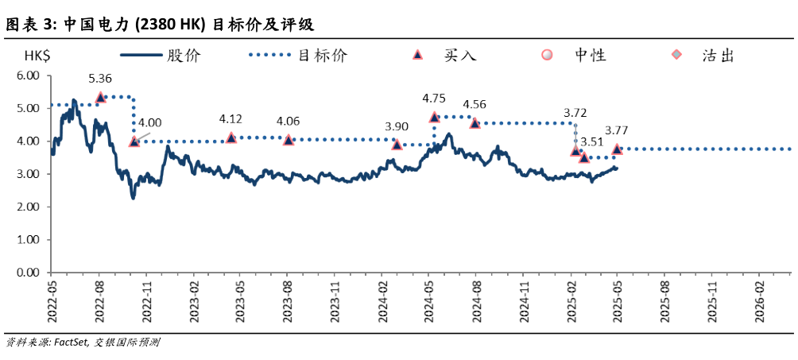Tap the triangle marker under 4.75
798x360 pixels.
434,117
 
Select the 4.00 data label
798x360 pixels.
149,122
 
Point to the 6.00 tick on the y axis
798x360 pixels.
28,75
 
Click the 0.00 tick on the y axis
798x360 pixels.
28,272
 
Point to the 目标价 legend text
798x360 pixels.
322,56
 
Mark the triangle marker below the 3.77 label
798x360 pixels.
617,149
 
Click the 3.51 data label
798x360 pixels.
592,142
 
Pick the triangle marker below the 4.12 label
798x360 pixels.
231,137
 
